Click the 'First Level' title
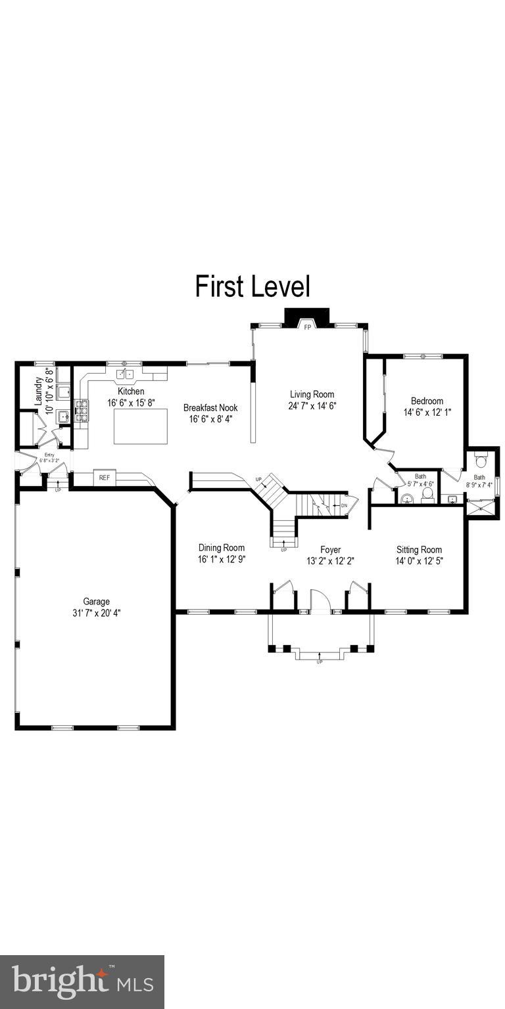[252, 287]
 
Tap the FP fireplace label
[306, 326]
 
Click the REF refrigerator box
[105, 478]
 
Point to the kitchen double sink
[125, 374]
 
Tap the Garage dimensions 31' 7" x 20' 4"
[97, 613]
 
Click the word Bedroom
[427, 401]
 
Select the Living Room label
[312, 394]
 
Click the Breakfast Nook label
[210, 407]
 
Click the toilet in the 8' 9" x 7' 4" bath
[480, 458]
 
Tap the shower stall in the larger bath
[481, 506]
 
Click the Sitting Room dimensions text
[419, 561]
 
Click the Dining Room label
[222, 548]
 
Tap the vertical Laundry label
[39, 390]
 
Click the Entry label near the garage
[49, 455]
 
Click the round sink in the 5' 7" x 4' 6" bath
[407, 499]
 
